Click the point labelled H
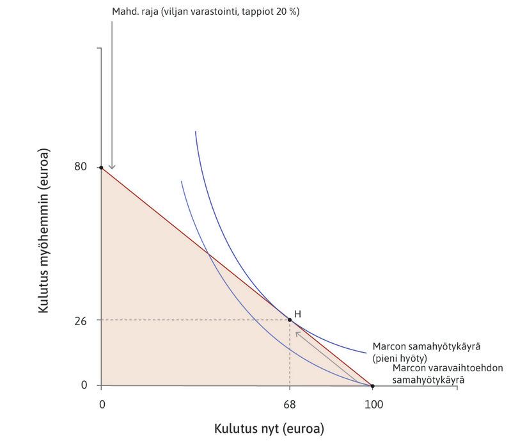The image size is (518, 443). click(x=290, y=319)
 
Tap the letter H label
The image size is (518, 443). click(x=297, y=314)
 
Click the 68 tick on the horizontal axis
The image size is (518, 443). click(x=290, y=405)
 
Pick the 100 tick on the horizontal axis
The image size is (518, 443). click(x=373, y=405)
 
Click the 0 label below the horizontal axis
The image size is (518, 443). click(x=102, y=405)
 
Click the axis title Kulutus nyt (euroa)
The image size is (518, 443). click(x=269, y=428)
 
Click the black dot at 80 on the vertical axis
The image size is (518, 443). click(x=101, y=167)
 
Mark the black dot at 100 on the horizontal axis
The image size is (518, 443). click(x=373, y=385)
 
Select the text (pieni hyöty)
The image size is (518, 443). click(x=400, y=358)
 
